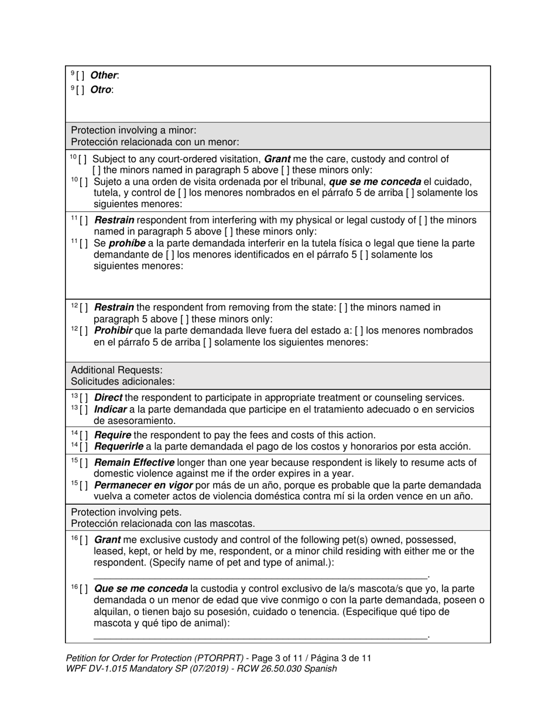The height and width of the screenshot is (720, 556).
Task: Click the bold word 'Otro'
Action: click(101, 90)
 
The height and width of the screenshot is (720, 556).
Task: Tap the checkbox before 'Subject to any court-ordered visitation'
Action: click(84, 159)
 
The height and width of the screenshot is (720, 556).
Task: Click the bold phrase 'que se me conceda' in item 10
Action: click(375, 182)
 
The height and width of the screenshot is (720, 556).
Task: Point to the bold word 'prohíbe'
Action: click(127, 244)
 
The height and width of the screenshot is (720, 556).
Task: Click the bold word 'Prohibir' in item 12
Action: click(113, 331)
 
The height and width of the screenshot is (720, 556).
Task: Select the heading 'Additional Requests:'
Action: click(116, 370)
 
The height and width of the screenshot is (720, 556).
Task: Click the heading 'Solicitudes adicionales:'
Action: click(122, 381)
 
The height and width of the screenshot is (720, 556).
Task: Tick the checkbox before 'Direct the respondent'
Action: click(84, 398)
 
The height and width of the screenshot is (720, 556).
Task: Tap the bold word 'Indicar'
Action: click(110, 409)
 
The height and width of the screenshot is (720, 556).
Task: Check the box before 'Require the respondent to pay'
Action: click(84, 436)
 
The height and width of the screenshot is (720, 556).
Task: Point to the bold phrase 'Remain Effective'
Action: click(134, 462)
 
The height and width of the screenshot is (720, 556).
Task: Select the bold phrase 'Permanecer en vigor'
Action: click(143, 485)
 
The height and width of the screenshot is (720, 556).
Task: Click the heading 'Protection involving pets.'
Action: click(126, 512)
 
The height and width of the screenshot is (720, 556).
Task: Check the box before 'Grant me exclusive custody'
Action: click(84, 540)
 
